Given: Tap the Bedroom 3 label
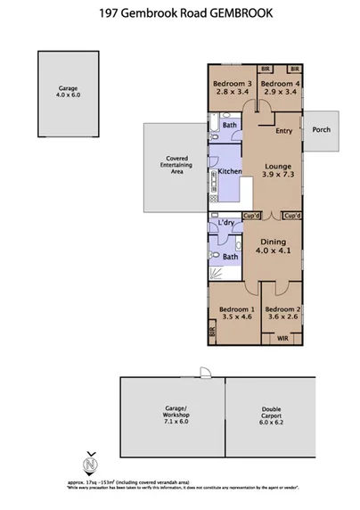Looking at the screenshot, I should click(x=232, y=86).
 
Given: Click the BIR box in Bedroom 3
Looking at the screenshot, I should click(x=265, y=69).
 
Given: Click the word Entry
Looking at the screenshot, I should click(x=284, y=132).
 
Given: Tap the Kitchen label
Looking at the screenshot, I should click(x=230, y=171).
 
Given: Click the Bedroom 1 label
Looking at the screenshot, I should click(x=236, y=314).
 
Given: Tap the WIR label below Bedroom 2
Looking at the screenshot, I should click(x=282, y=340).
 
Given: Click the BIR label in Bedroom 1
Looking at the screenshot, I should click(x=212, y=332).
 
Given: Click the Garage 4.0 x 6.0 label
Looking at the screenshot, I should click(x=68, y=93).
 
